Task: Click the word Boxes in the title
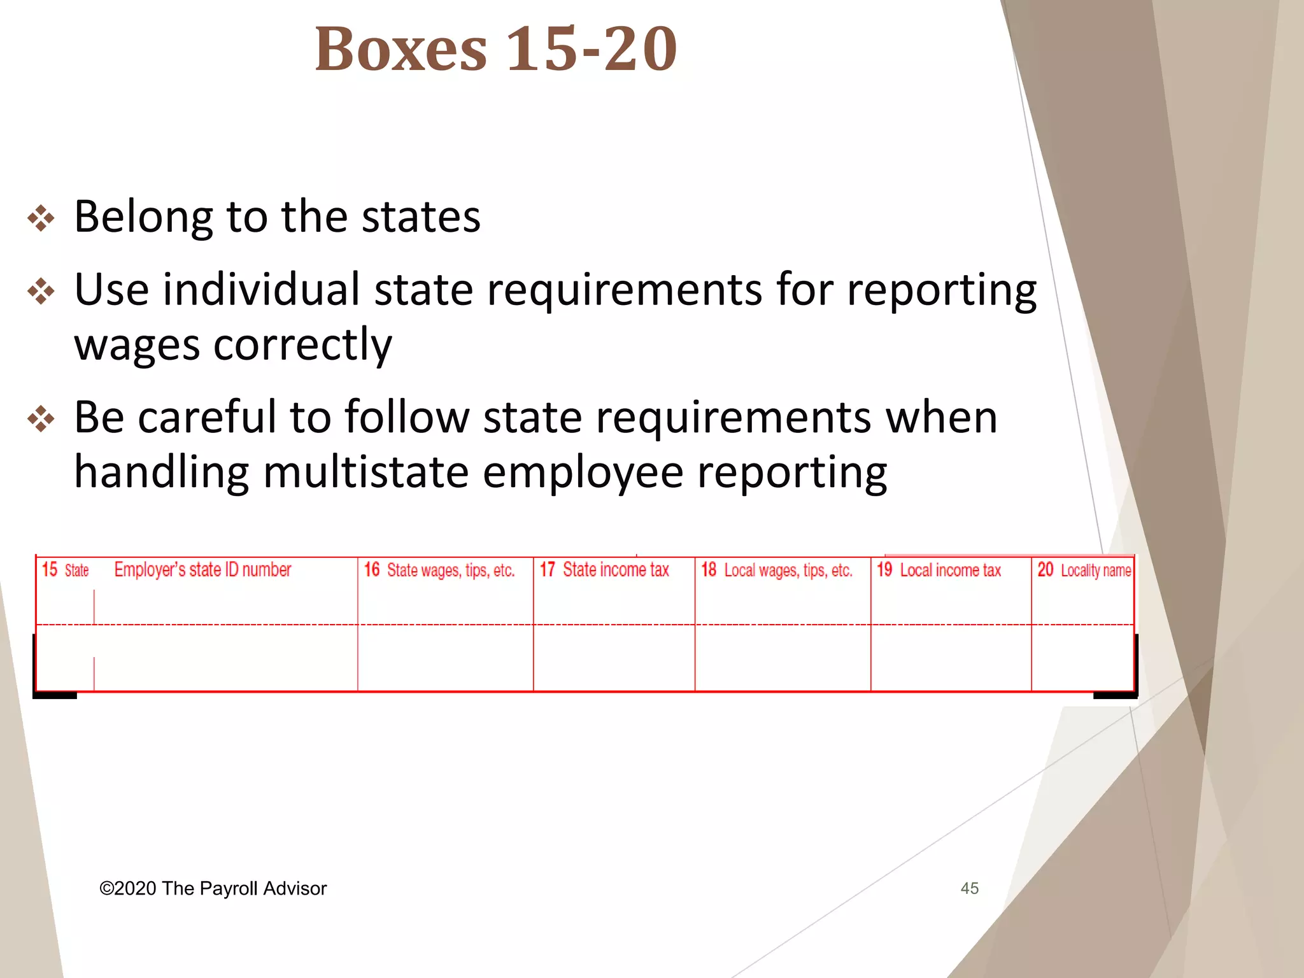click(401, 50)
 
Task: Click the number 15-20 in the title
click(592, 50)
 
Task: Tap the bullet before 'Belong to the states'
click(41, 218)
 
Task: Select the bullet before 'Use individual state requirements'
click(41, 292)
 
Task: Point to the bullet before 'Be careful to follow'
click(41, 419)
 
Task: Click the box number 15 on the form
click(50, 569)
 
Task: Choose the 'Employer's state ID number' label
click(202, 569)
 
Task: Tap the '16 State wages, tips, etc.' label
click(439, 570)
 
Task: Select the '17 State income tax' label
click(605, 569)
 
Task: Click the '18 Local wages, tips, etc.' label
click(777, 570)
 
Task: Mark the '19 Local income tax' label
click(939, 570)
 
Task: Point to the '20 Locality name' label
click(1084, 570)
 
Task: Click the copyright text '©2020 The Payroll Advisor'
click(213, 888)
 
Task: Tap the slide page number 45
click(969, 888)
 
